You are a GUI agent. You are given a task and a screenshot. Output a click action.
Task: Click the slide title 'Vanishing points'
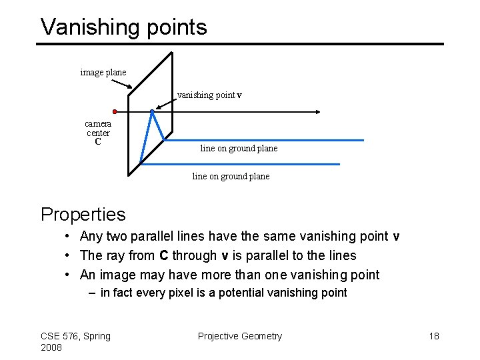click(x=123, y=27)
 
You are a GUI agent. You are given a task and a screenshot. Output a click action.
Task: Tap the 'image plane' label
click(x=103, y=72)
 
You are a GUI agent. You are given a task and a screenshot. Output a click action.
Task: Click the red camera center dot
click(x=115, y=111)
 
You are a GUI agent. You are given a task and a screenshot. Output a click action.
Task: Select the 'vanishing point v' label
click(x=209, y=95)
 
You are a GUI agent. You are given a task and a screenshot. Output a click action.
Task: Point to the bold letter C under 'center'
click(x=98, y=142)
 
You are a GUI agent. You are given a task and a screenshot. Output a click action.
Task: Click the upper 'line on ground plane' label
click(x=239, y=148)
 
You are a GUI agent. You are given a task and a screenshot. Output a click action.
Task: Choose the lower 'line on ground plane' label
click(x=231, y=176)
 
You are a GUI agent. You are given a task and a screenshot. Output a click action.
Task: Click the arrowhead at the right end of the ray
click(x=319, y=111)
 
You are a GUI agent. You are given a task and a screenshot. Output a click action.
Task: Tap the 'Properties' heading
click(x=83, y=214)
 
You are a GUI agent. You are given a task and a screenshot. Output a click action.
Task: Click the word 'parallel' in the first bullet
click(x=153, y=236)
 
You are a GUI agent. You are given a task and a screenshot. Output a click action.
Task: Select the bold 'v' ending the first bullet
click(x=396, y=237)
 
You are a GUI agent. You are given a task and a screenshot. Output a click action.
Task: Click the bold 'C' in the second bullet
click(x=163, y=255)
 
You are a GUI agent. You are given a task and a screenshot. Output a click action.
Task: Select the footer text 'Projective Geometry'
click(x=240, y=336)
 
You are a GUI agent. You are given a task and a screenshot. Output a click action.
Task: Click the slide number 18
click(x=434, y=336)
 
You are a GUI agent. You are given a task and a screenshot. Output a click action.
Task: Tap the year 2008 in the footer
click(x=51, y=347)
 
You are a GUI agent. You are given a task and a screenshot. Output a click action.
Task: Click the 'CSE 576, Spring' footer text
click(x=75, y=336)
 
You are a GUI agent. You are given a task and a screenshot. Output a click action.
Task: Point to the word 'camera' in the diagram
click(x=98, y=123)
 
